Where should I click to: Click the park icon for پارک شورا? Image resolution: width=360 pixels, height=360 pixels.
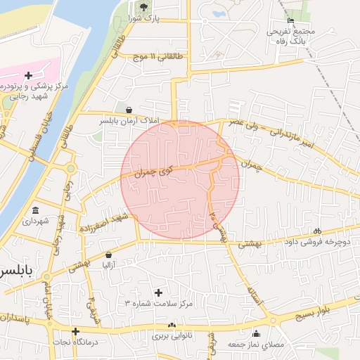pos(144,8)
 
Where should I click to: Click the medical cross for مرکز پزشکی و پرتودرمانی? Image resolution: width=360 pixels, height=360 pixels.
pos(28,75)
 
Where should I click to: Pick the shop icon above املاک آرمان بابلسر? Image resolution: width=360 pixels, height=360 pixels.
pos(129,110)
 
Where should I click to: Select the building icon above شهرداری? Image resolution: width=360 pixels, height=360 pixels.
pos(35,210)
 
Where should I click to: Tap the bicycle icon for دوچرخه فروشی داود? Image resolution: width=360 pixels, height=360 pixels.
pos(317,230)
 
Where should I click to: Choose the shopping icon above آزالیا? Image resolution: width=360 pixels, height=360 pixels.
pos(108,255)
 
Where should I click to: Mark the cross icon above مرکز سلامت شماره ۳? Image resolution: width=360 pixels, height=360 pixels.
pos(158,292)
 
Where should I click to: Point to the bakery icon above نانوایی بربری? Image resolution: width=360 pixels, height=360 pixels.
pos(172,326)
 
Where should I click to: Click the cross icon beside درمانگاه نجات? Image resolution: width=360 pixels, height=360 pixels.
pos(75,330)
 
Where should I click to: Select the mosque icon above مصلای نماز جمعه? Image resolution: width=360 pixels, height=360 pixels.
pos(256,334)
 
